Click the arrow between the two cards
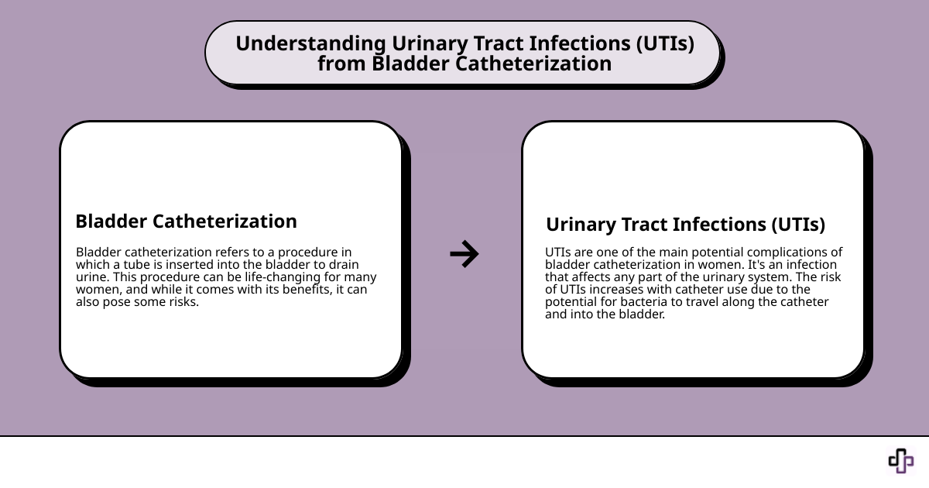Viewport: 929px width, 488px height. point(464,253)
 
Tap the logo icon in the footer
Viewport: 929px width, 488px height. point(900,461)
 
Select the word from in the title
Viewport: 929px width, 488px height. point(341,64)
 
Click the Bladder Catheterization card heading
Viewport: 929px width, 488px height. point(186,222)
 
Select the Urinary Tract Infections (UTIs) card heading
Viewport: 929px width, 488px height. point(685,225)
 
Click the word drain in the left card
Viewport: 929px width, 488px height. point(343,264)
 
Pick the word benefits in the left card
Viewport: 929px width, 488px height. point(279,290)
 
